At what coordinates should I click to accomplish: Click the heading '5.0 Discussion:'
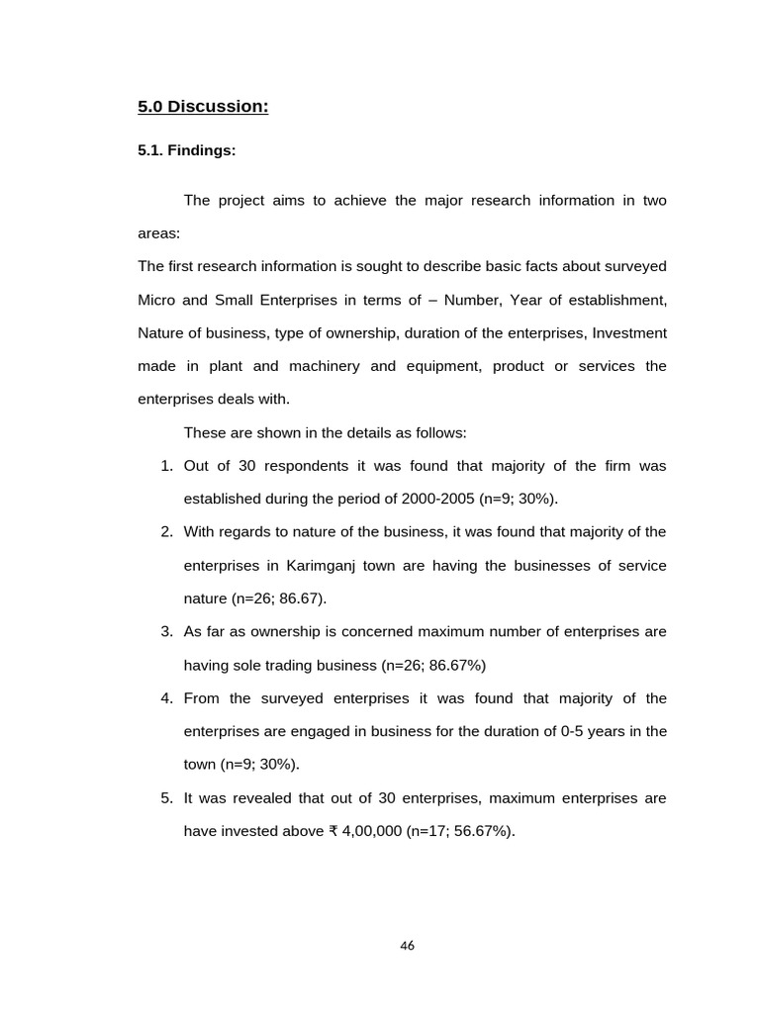203,107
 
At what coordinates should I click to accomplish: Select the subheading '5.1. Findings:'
186,151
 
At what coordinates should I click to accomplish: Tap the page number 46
407,946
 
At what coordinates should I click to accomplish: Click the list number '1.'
167,466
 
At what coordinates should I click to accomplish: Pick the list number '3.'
167,632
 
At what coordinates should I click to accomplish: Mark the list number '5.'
167,798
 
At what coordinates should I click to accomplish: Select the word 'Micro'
155,300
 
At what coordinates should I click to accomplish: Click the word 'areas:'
159,234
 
